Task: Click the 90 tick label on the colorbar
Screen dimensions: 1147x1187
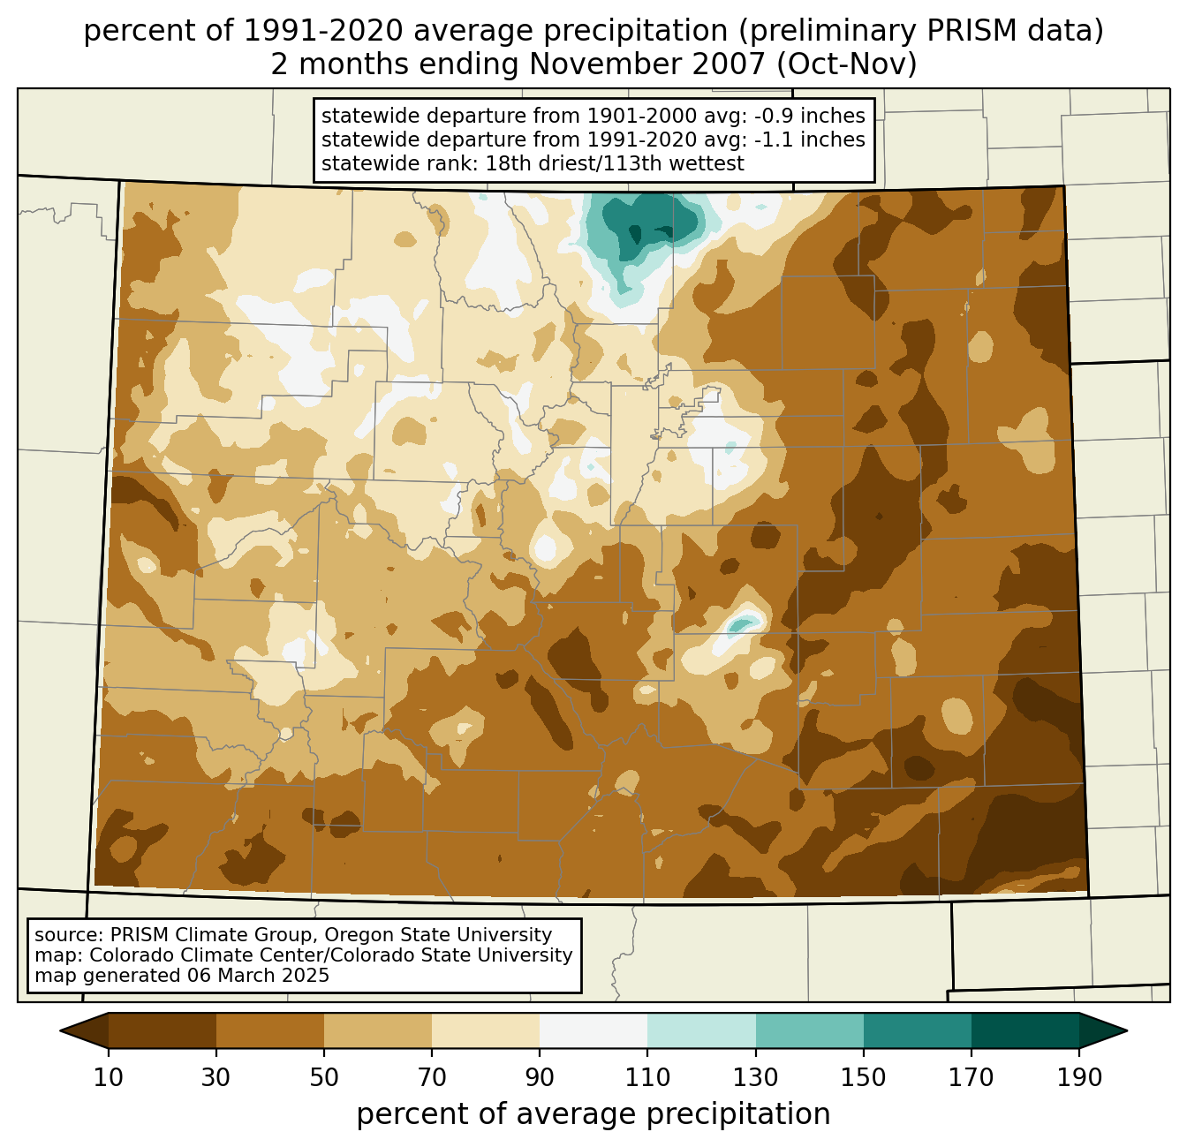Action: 540,1078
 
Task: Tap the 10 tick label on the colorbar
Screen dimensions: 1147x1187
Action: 109,1078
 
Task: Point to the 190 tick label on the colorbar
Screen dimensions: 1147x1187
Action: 1079,1078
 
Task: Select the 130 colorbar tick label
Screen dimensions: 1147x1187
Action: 756,1078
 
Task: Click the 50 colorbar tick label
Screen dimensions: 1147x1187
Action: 324,1078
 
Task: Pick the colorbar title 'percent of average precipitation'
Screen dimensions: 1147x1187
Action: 593,1114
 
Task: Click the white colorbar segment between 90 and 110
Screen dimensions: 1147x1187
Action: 593,1030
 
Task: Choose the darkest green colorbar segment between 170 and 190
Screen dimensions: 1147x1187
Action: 1024,1030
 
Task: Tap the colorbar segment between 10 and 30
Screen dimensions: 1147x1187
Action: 163,1030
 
